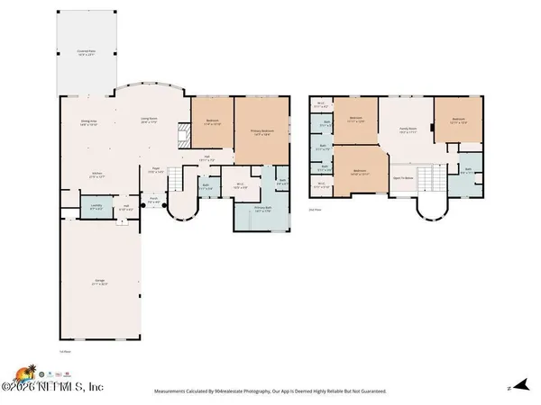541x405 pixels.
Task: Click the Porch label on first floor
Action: pos(153,201)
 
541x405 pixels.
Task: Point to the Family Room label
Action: pos(408,130)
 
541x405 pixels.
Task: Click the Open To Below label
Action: pos(402,178)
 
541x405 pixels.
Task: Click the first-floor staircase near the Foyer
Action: pos(179,184)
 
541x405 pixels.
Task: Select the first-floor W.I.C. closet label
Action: pos(240,186)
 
